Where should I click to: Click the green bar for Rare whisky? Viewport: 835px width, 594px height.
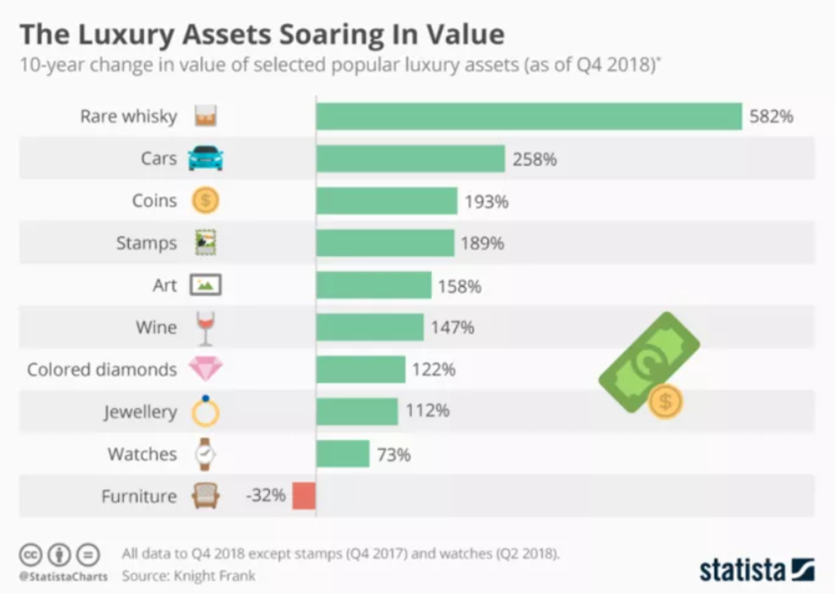pos(528,116)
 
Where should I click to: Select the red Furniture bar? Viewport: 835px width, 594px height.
pos(304,495)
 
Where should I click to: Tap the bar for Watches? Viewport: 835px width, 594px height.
pos(343,454)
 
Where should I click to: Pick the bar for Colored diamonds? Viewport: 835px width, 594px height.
pos(361,369)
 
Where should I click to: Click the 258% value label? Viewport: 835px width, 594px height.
pos(535,159)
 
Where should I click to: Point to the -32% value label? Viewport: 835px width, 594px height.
pos(266,495)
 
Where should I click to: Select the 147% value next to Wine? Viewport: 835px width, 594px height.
pos(453,328)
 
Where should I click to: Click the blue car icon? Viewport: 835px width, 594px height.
pos(205,158)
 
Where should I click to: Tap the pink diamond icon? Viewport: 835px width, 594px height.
pos(205,369)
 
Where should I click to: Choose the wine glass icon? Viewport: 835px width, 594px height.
pos(205,328)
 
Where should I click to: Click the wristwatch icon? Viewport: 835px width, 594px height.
pos(205,454)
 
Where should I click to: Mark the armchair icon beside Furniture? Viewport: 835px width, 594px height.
pos(205,496)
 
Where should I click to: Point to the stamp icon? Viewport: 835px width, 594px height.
pos(205,242)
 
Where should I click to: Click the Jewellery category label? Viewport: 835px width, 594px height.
pos(140,412)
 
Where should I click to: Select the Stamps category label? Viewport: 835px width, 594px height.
pos(146,243)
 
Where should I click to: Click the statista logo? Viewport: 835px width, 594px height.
pos(756,569)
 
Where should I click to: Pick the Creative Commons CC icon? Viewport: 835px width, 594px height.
pos(30,554)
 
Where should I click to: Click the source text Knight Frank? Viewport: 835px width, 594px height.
pos(215,576)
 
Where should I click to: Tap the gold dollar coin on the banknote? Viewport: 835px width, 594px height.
pos(665,402)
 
